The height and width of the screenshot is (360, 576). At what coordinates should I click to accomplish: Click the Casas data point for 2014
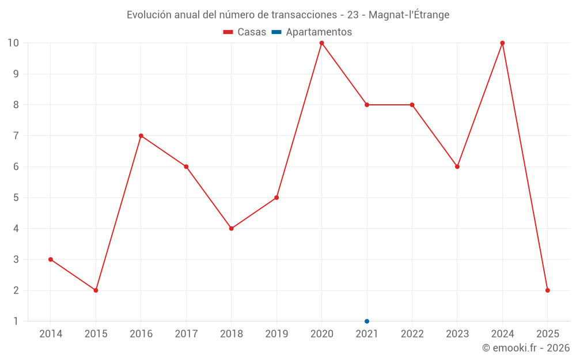[x=51, y=259]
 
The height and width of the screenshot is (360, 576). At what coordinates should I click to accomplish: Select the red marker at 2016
[x=141, y=136]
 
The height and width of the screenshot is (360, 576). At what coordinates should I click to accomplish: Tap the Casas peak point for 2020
[x=321, y=43]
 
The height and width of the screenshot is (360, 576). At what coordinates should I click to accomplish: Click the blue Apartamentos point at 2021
[x=367, y=321]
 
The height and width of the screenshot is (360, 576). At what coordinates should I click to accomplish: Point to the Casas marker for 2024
[x=502, y=43]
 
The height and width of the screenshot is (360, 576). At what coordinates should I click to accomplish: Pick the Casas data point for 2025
[x=548, y=290]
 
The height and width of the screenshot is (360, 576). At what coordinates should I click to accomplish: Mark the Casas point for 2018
[x=232, y=229]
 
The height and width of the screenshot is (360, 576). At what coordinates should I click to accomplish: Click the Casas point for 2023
[x=457, y=166]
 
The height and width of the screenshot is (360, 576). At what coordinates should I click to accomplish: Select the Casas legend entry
[x=245, y=32]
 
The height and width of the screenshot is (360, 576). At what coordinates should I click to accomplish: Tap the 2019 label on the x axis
[x=276, y=334]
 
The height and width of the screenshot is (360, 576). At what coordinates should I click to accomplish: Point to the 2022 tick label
[x=412, y=334]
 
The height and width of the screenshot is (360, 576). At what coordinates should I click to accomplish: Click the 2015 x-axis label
[x=96, y=334]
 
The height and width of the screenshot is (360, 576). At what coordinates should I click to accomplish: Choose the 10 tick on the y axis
[x=13, y=43]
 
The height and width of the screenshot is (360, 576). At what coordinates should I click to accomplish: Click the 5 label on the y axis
[x=16, y=198]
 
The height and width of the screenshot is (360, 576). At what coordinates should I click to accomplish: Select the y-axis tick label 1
[x=16, y=321]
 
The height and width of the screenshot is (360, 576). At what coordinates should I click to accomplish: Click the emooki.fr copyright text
[x=526, y=348]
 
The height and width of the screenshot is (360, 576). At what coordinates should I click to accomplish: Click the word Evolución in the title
[x=149, y=15]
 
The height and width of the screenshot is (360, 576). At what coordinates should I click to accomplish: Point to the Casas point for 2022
[x=412, y=105]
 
